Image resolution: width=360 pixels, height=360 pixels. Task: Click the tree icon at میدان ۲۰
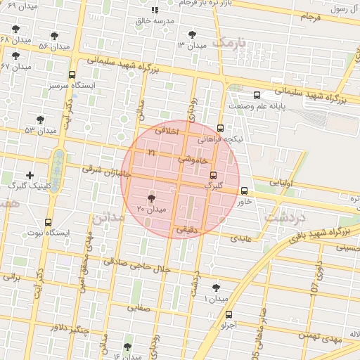click(151, 200)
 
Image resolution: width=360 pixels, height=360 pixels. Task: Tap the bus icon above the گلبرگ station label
click(214, 176)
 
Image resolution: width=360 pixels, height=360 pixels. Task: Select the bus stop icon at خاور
click(245, 191)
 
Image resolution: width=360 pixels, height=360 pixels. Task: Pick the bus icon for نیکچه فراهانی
click(221, 129)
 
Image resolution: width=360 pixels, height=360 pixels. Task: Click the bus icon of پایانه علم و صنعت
click(257, 95)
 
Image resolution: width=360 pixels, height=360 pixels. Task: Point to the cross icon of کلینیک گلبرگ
click(30, 175)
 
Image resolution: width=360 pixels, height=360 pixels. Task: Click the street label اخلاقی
click(167, 130)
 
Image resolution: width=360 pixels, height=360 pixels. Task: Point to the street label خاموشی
click(194, 160)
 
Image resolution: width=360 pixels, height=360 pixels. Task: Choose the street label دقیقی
click(187, 229)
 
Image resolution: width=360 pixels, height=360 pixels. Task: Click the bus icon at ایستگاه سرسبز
click(72, 75)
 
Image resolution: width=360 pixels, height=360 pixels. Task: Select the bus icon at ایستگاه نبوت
click(49, 221)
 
